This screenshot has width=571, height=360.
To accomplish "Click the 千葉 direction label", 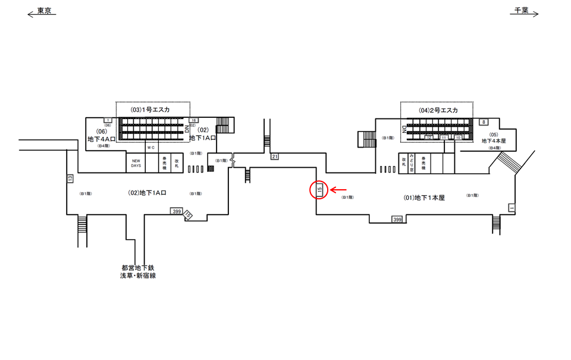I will coord(521,10).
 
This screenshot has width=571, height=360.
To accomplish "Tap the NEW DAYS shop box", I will coord(136,163).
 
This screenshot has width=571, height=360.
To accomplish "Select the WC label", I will coord(151,147).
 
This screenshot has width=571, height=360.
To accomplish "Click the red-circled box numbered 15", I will coord(319,190).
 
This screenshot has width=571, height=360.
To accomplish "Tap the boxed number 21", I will coord(274,156).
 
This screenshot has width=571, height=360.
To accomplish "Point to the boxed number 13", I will coord(70,178).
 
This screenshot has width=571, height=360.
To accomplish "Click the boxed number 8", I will coord(484,122).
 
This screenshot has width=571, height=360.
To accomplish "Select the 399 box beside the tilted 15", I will coord(176,211).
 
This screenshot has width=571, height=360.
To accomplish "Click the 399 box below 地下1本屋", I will coord(397,220).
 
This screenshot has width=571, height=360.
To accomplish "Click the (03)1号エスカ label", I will coord(151,109).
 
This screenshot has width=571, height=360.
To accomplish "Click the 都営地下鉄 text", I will coord(138,268).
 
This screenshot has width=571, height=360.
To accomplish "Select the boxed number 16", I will coord(193,121).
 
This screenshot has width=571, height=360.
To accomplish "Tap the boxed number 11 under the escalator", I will coord(444,137).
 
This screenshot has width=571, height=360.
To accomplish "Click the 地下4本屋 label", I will coord(494,141).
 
